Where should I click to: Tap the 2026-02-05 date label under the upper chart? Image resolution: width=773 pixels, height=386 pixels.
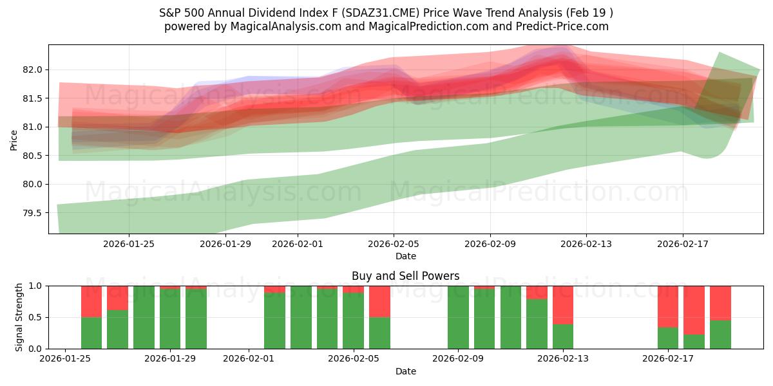click(x=394, y=244)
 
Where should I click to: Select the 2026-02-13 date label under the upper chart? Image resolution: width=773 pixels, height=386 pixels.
click(x=586, y=244)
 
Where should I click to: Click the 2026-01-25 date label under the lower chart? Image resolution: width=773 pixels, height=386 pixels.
click(x=65, y=359)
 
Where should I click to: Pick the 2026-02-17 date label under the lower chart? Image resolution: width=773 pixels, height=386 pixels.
click(x=668, y=359)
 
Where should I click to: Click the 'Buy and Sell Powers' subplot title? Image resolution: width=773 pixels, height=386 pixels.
click(x=405, y=276)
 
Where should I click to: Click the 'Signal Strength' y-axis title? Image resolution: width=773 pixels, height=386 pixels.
click(x=19, y=317)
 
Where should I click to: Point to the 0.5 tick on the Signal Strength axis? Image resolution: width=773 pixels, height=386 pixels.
click(x=36, y=317)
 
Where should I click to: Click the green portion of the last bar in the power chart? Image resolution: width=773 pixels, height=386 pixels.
click(x=720, y=335)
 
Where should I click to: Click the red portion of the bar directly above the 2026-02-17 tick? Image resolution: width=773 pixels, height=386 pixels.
click(x=668, y=306)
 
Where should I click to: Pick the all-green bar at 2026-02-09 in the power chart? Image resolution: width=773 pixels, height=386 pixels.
click(x=458, y=317)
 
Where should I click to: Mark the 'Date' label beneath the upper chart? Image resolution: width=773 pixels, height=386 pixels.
click(x=405, y=256)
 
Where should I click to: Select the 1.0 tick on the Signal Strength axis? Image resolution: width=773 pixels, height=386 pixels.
click(x=36, y=286)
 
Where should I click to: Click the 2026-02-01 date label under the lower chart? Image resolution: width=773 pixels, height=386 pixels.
click(x=249, y=359)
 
